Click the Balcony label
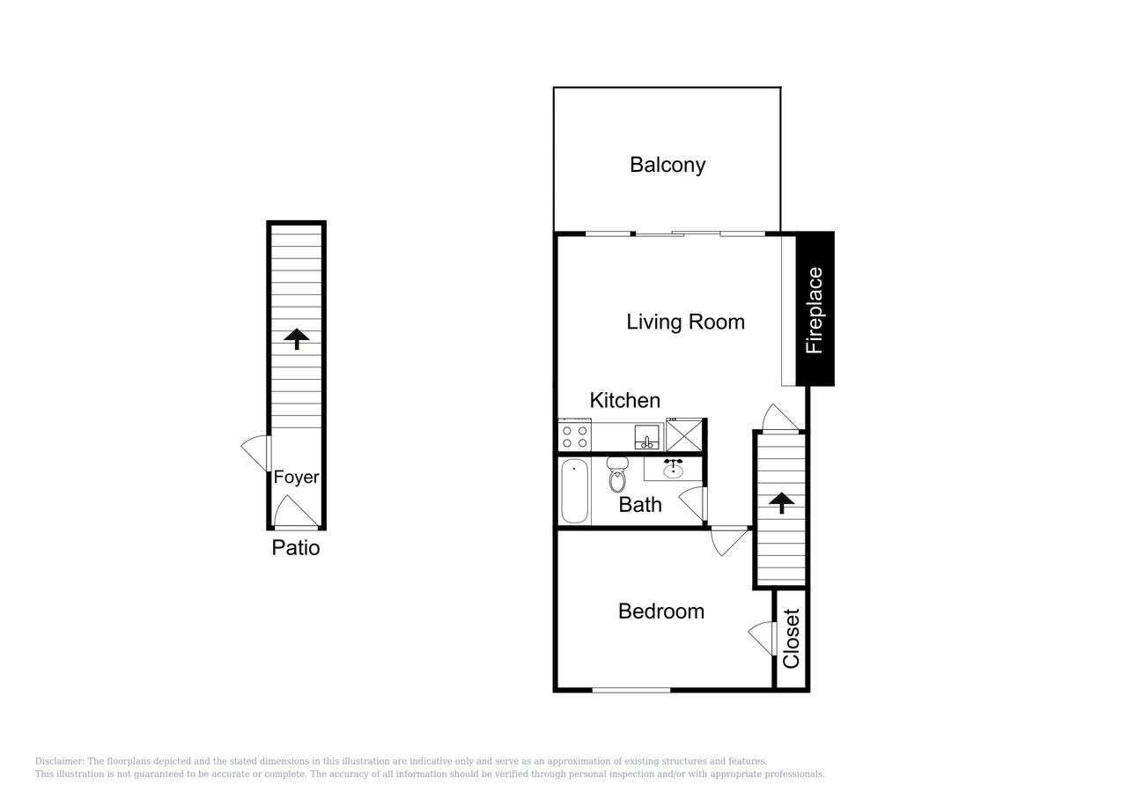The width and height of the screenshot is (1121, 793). (667, 165)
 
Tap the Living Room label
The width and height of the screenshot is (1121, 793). (685, 322)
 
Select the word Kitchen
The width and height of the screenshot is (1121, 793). (624, 400)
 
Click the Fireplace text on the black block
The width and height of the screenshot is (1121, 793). (815, 310)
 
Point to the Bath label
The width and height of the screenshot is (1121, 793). (640, 505)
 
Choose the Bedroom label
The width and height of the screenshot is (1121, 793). (660, 611)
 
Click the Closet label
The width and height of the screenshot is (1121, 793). (791, 639)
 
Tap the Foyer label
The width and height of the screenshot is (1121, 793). (296, 478)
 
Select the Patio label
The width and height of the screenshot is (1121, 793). (295, 548)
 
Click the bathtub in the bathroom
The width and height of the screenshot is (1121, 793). (574, 490)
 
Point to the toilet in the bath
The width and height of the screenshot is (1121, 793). (616, 477)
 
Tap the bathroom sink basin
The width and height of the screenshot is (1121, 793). (674, 469)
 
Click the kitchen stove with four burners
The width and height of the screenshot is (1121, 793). (574, 436)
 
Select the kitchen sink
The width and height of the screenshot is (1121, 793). (648, 437)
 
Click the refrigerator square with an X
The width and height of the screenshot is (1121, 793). (684, 435)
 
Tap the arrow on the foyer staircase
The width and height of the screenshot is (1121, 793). (297, 338)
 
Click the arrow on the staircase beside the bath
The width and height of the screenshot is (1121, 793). (780, 502)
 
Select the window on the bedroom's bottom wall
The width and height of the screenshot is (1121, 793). (631, 690)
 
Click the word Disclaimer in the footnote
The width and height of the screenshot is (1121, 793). (58, 761)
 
